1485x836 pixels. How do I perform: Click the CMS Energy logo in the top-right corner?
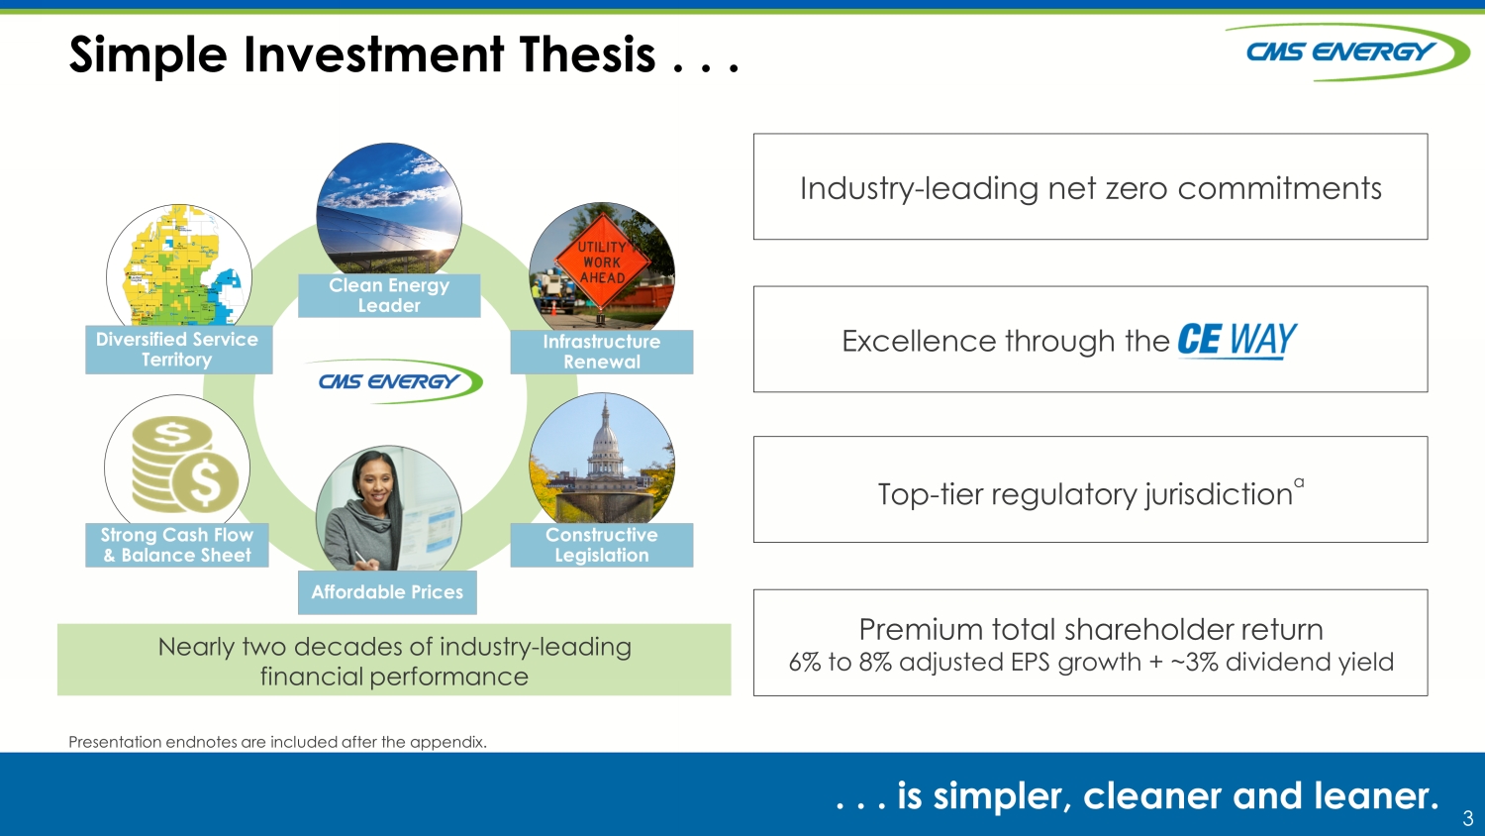pos(1345,52)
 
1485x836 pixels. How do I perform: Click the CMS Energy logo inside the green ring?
pos(393,380)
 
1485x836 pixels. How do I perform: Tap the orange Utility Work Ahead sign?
pos(602,261)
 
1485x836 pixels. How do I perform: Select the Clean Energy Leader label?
pos(389,295)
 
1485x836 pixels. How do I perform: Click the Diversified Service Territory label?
pos(177,349)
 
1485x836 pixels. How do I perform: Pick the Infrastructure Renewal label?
pos(602,352)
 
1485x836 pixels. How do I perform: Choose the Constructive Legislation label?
pos(602,545)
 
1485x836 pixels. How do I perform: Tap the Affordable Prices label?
pos(387,591)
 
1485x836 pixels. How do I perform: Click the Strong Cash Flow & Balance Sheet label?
pos(177,545)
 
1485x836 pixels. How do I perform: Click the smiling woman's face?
pos(374,485)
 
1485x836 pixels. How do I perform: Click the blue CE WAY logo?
pos(1237,341)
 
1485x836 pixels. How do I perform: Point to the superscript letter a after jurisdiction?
pos(1299,482)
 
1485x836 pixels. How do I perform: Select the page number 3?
pos(1468,817)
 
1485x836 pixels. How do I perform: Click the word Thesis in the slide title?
pos(587,54)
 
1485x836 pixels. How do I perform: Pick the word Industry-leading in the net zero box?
pos(918,188)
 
